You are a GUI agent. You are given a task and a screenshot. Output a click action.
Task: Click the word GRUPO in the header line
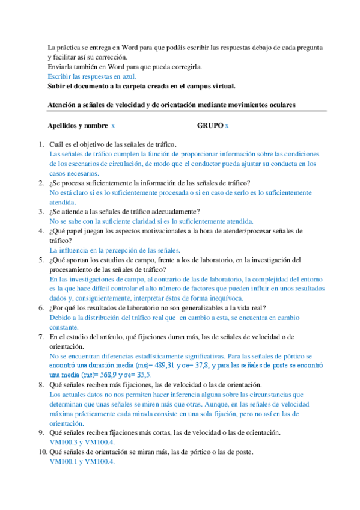click(210, 126)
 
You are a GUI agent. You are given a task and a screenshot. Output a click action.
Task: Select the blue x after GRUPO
click(227, 126)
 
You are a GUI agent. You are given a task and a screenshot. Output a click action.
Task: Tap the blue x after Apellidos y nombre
click(113, 126)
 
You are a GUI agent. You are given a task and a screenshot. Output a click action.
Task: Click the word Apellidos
click(64, 126)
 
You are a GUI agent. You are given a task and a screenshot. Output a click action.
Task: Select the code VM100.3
click(64, 441)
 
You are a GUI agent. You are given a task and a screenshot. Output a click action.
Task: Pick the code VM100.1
click(64, 462)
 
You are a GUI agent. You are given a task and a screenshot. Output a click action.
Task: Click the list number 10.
click(43, 452)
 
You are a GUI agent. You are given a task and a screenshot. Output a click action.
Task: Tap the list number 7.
click(41, 337)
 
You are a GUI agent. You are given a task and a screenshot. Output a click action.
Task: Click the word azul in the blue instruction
click(129, 76)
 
